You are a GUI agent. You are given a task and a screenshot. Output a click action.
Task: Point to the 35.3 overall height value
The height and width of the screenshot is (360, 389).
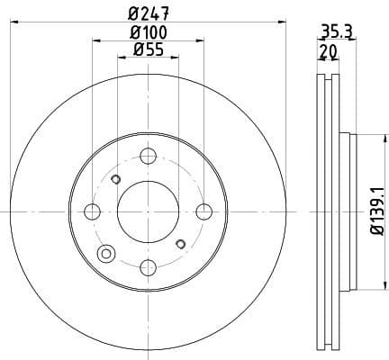(x=335, y=31)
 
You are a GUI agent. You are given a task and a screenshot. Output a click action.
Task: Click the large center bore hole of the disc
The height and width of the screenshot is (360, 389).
(x=147, y=211)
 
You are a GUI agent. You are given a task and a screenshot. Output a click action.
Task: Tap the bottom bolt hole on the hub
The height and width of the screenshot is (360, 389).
(x=147, y=267)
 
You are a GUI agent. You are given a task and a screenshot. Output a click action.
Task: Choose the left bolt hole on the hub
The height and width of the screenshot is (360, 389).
(x=91, y=211)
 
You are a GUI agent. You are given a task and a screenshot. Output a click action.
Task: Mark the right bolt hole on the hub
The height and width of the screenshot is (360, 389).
(x=204, y=211)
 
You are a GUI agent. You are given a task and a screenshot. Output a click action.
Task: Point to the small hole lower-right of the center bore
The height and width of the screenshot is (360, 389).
(x=180, y=244)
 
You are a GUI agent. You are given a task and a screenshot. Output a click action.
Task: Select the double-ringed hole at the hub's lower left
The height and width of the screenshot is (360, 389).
(x=107, y=253)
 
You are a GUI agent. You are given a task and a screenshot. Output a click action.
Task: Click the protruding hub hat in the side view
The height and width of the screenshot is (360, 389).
(x=348, y=211)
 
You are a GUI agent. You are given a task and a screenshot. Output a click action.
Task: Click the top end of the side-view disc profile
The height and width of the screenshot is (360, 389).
(x=328, y=76)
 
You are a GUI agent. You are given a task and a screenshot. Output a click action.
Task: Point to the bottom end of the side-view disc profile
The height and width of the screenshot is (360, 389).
(x=328, y=347)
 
